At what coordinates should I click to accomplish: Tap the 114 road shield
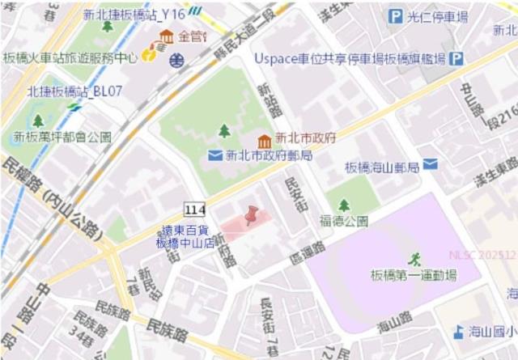(x=194, y=210)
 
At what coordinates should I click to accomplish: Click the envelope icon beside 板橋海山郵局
(x=430, y=164)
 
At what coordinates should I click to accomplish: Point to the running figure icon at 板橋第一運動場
(x=414, y=259)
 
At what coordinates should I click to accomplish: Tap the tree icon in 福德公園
(x=344, y=205)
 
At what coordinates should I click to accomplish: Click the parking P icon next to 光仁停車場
(x=396, y=16)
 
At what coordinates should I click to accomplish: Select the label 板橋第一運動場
(x=413, y=276)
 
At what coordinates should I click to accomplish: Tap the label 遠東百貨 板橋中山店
(x=185, y=236)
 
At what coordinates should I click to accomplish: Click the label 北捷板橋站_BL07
(x=74, y=91)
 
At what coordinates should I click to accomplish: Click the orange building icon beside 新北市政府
(x=264, y=141)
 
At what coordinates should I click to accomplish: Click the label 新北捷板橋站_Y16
(x=134, y=15)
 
